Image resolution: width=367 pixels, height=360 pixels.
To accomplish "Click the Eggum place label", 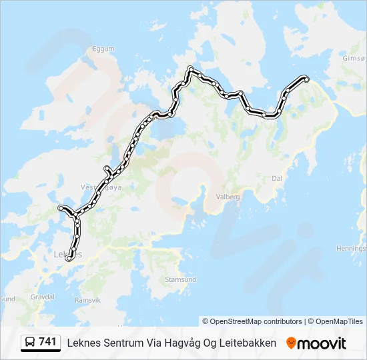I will click(x=105, y=49).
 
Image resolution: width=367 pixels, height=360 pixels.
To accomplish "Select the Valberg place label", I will click(x=228, y=197).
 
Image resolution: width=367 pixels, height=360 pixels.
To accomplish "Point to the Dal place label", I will click(x=278, y=178).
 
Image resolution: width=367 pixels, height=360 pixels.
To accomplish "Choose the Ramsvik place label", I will click(x=87, y=300).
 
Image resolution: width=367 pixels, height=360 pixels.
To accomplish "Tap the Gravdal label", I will click(x=42, y=295).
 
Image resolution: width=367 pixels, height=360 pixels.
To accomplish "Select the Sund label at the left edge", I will click(x=7, y=299).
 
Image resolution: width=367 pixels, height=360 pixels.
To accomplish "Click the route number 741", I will click(x=47, y=342).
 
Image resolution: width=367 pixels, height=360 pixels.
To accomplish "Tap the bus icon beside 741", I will click(x=30, y=343).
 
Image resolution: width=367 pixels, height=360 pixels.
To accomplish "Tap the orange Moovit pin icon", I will click(x=291, y=343).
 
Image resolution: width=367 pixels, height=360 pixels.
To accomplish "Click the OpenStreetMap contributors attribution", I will click(x=252, y=321).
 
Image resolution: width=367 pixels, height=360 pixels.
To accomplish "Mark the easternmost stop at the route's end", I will click(x=306, y=79).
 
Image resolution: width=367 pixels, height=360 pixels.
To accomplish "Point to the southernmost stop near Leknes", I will click(x=69, y=259).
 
